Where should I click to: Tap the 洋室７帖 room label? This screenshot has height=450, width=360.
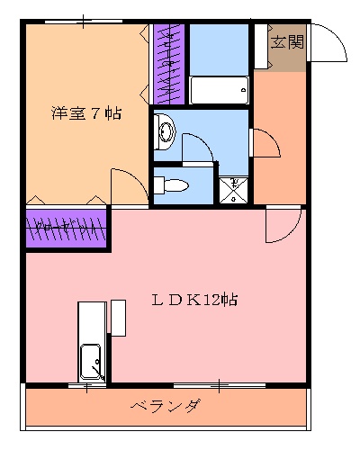point(86,113)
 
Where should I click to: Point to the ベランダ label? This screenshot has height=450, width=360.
point(165,406)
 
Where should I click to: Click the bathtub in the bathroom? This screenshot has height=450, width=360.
point(219,91)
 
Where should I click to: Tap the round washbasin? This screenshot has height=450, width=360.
point(166,132)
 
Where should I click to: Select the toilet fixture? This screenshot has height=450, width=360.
point(171,186)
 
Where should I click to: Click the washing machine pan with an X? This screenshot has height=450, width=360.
point(234,190)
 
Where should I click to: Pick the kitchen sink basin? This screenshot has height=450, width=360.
point(92,362)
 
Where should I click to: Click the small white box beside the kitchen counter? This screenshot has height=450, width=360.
point(117,318)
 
